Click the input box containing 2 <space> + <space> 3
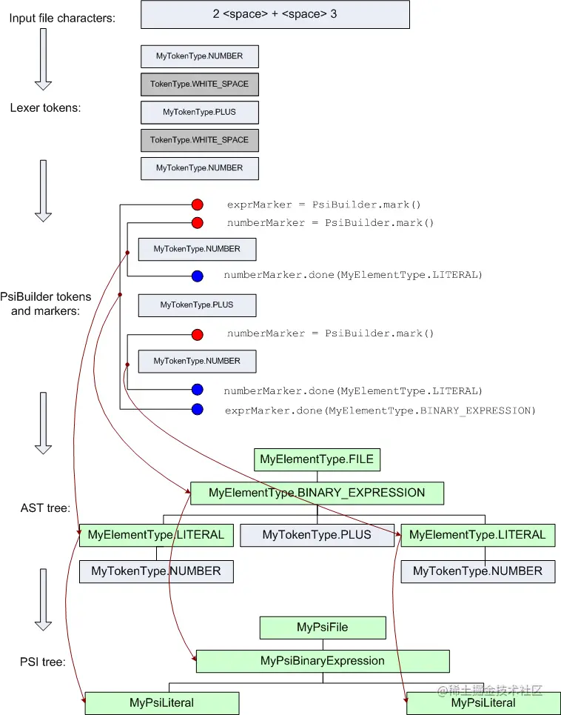(x=275, y=14)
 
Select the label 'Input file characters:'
(x=62, y=17)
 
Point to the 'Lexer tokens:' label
(x=45, y=107)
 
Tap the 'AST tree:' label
(x=46, y=508)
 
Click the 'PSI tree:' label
(x=43, y=662)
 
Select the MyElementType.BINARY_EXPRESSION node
(x=317, y=493)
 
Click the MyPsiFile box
(x=322, y=628)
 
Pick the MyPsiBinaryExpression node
(x=323, y=661)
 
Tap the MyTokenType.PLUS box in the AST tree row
(x=317, y=535)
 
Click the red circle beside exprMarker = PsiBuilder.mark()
(x=197, y=204)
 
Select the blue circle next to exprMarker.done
(x=197, y=410)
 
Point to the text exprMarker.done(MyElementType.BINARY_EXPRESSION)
(x=379, y=410)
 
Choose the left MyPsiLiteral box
(x=162, y=702)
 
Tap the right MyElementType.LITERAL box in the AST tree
(x=477, y=535)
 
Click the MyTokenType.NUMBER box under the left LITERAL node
(x=155, y=571)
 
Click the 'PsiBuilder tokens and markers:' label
(x=51, y=304)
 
